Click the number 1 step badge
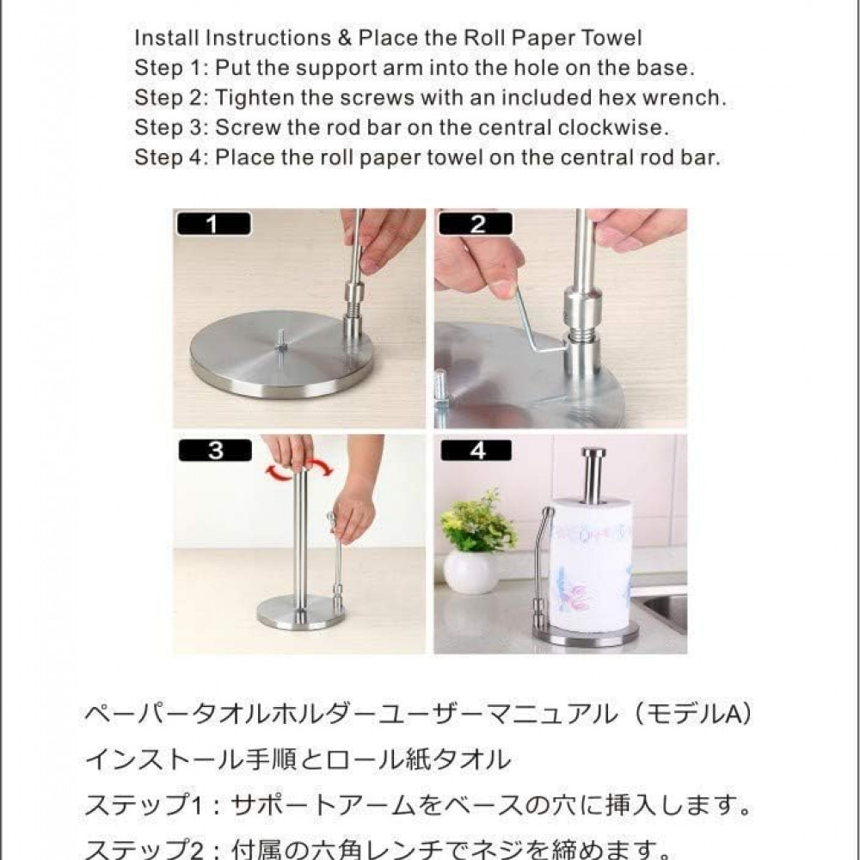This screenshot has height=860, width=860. pyautogui.click(x=213, y=224)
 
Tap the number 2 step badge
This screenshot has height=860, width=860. pyautogui.click(x=476, y=224)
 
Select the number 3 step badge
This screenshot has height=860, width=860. pyautogui.click(x=215, y=451)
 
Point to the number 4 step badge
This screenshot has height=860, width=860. pyautogui.click(x=476, y=451)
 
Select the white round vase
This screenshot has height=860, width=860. pyautogui.click(x=470, y=573)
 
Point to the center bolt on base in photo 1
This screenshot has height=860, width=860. pyautogui.click(x=280, y=343)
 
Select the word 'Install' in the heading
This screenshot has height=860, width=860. pyautogui.click(x=167, y=38)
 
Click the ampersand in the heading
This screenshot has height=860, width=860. pyautogui.click(x=345, y=38)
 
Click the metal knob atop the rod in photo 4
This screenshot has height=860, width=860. pyautogui.click(x=593, y=454)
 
